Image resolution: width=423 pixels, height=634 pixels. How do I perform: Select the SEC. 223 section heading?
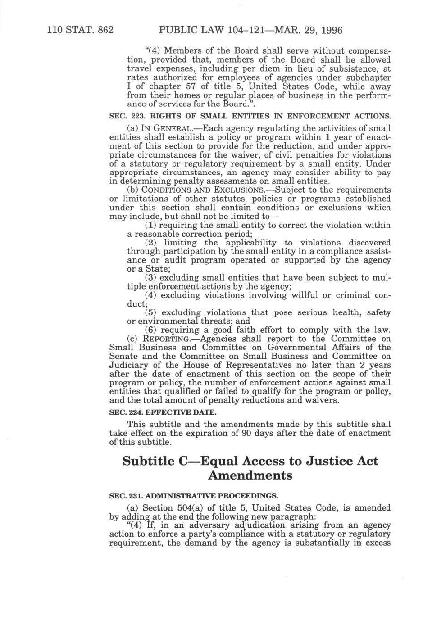click(250, 116)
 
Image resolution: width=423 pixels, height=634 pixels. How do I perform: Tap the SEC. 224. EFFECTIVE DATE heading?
click(163, 412)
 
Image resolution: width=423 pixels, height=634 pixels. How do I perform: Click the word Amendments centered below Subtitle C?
click(250, 475)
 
